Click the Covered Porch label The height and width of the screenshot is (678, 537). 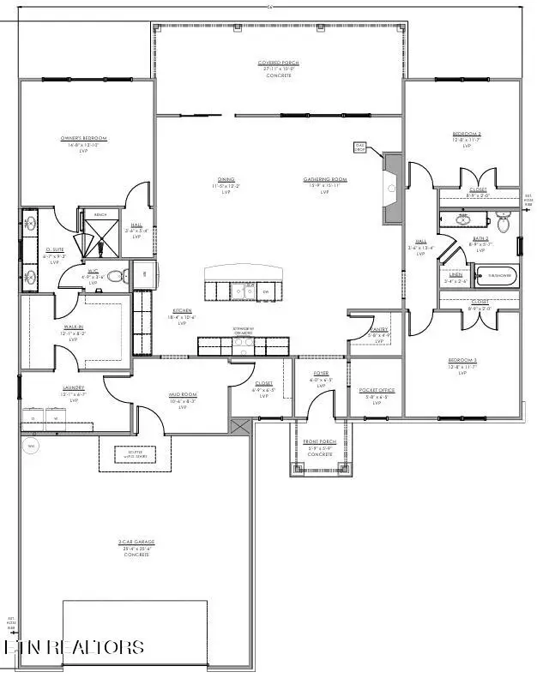[x=279, y=63]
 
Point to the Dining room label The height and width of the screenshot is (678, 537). [x=226, y=180]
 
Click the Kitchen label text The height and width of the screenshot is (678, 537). [x=181, y=310]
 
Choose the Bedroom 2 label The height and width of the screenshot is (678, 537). [x=467, y=135]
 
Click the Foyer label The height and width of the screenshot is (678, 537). [x=322, y=374]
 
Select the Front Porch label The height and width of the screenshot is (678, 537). [x=320, y=442]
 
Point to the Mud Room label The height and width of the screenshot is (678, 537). [x=182, y=396]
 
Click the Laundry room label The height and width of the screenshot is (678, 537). [x=73, y=387]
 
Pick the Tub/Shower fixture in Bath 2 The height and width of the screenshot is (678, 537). [x=497, y=276]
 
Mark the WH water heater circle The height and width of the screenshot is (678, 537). [x=32, y=447]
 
